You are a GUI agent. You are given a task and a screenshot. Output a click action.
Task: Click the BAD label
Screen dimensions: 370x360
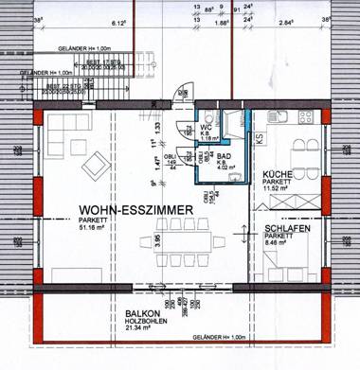(x=225, y=158)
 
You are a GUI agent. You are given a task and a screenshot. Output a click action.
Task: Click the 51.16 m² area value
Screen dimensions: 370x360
(x=98, y=227)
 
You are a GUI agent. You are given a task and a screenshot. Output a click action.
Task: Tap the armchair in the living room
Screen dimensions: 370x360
(x=95, y=167)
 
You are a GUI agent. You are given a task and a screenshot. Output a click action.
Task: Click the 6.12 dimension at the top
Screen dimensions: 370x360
(x=94, y=18)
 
